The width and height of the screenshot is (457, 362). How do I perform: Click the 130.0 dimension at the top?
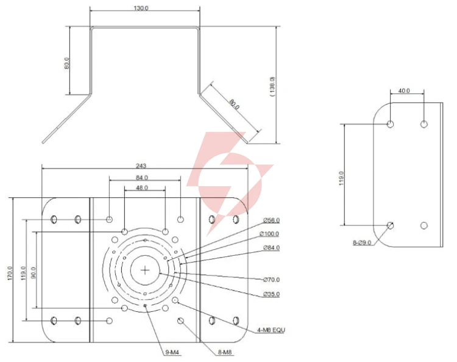point(141,8)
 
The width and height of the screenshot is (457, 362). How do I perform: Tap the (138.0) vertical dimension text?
point(272,87)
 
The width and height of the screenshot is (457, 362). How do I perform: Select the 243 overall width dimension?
point(141,166)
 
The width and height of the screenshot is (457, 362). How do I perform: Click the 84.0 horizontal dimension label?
point(142,178)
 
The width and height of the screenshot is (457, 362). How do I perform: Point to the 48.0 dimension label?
point(142,187)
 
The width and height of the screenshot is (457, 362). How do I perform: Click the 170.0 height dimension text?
point(10,273)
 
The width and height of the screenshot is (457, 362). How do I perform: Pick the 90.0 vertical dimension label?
point(34,273)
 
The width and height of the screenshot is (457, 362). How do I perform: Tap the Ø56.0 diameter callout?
point(271,220)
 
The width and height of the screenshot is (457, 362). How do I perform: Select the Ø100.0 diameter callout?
point(269,234)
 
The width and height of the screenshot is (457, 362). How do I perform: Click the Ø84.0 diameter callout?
point(271,248)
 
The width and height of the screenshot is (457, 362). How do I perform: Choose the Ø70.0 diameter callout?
point(271,280)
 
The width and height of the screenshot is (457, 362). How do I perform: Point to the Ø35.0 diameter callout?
point(271,294)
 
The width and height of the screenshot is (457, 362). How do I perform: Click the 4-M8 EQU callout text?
point(271,330)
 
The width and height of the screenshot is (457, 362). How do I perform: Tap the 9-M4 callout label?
point(172,352)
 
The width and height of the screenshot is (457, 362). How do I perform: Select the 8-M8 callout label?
point(225,352)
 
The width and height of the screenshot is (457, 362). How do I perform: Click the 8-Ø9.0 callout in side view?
point(362,242)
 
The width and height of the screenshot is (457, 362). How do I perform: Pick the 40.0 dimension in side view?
point(404,91)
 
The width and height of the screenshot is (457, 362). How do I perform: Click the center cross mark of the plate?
point(145,270)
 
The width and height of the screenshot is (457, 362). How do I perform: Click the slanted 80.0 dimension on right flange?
point(234,104)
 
